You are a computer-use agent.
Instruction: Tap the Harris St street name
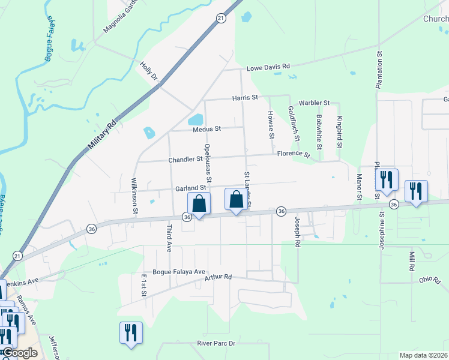coord(245,97)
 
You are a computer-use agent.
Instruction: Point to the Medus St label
coord(207,128)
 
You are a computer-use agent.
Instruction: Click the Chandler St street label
coord(185,159)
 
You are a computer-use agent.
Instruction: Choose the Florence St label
coord(293,154)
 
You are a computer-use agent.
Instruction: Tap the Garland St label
coord(191,188)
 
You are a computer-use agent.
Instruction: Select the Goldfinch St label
coord(294,124)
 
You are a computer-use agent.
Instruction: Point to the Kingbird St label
coord(339,132)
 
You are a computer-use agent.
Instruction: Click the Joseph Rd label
coord(297,232)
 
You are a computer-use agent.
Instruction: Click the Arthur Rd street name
coord(218,277)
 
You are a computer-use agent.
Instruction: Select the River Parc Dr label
coord(216,343)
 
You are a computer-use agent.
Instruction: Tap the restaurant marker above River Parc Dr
coord(130,333)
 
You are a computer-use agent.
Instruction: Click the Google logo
coord(19,353)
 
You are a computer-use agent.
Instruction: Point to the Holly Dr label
coord(148,71)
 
